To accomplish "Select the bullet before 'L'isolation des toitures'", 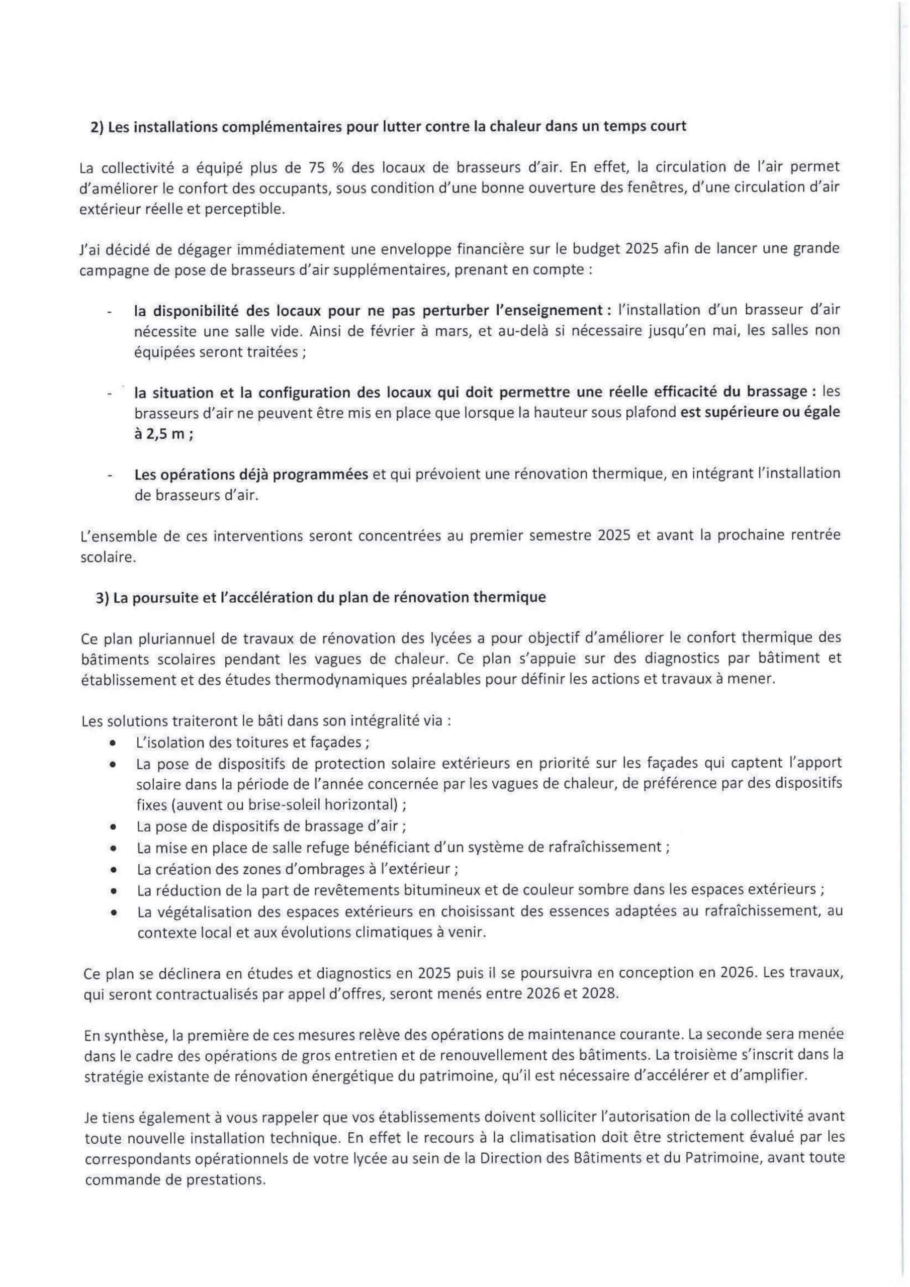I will tap(113, 743).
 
